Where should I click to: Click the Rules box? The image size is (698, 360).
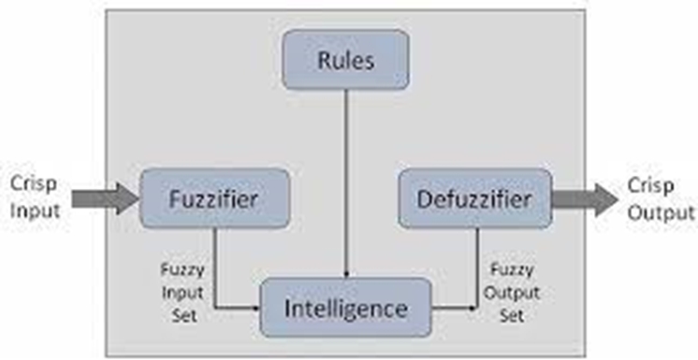[x=345, y=59]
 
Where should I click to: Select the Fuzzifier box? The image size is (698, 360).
[x=213, y=198]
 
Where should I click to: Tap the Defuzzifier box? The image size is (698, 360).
[x=474, y=198]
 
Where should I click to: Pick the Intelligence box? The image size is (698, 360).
[x=346, y=308]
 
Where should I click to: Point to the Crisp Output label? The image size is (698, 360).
[x=662, y=199]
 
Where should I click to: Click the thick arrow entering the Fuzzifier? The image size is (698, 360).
[x=105, y=198]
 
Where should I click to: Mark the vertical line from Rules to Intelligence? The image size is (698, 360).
[x=347, y=178]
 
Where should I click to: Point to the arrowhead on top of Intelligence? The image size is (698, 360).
[x=347, y=273]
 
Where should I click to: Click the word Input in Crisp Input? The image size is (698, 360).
[x=36, y=210]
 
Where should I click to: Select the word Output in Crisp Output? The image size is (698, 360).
[x=662, y=212]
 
